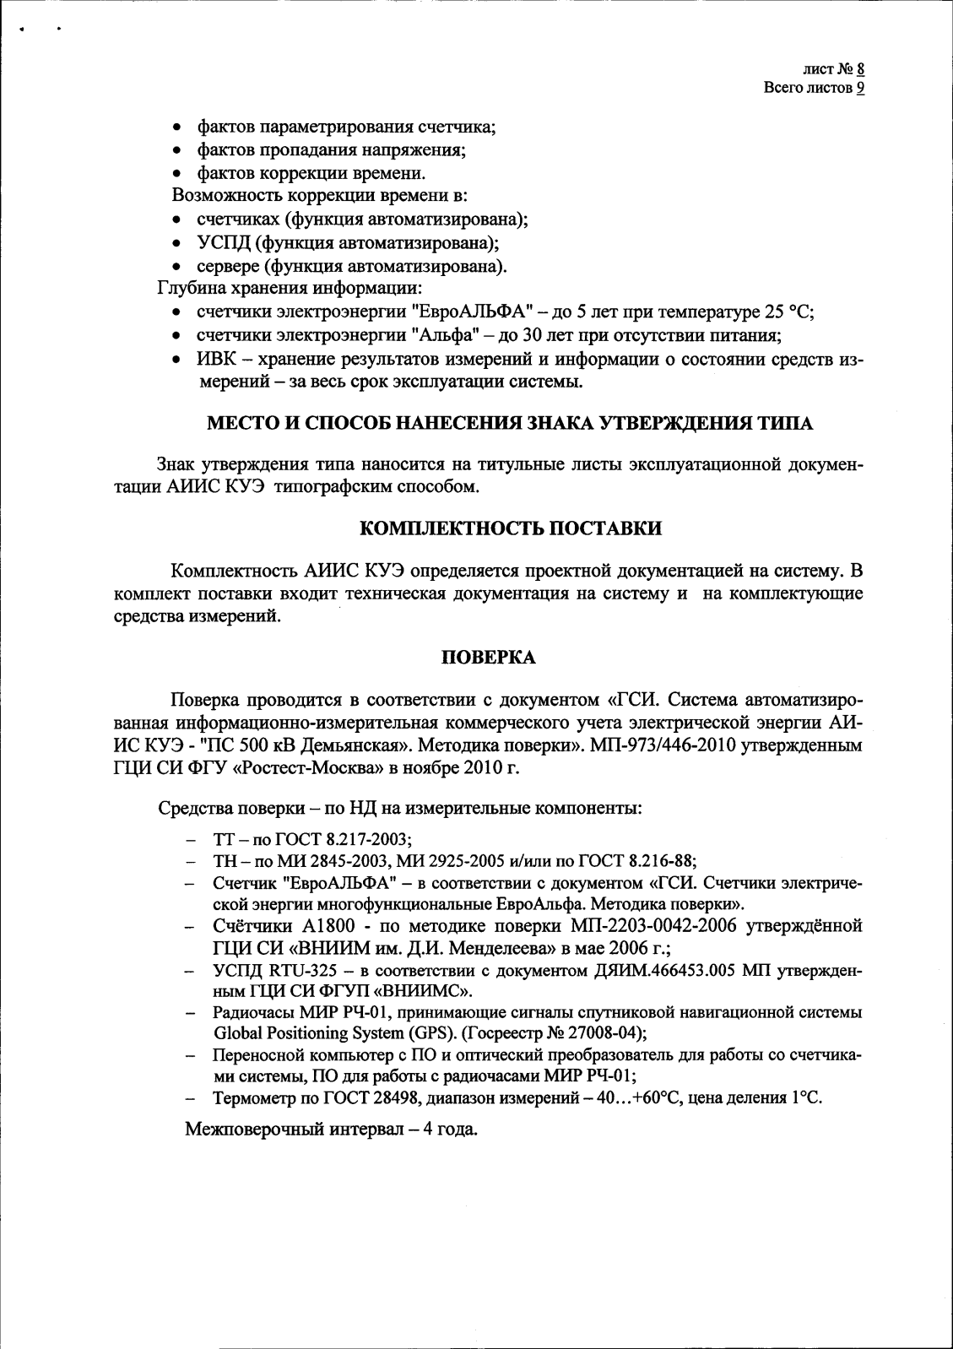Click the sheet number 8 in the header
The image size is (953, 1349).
(x=859, y=70)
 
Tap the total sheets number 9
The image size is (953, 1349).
(x=859, y=88)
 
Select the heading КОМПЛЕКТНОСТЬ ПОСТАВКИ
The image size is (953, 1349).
(x=511, y=529)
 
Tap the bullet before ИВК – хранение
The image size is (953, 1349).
(x=175, y=360)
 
